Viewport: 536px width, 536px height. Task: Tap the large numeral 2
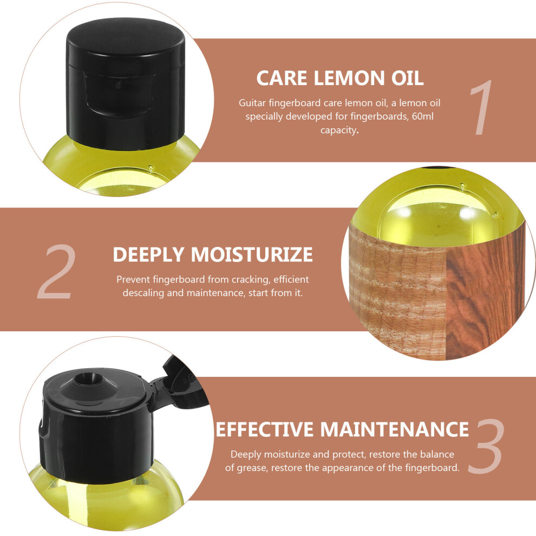click(x=56, y=271)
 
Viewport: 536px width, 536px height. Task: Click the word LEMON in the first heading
click(x=349, y=78)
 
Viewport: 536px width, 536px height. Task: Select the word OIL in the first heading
click(x=407, y=78)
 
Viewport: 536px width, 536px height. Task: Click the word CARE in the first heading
click(x=282, y=78)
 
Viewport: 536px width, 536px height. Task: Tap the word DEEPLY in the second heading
click(x=148, y=254)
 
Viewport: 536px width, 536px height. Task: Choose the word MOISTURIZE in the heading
click(x=252, y=254)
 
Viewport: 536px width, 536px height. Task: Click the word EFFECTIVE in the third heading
click(x=264, y=429)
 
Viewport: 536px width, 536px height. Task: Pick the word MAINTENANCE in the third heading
click(x=394, y=429)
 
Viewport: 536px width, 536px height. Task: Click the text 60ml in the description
click(x=422, y=116)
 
